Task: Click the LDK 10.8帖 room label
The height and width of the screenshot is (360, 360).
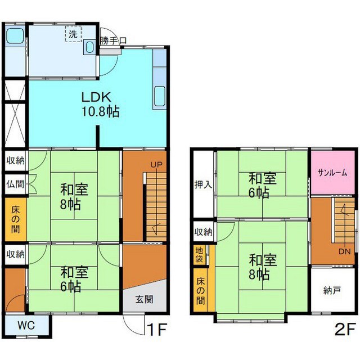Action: click(x=101, y=105)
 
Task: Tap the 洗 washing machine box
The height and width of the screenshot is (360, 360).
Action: click(x=73, y=34)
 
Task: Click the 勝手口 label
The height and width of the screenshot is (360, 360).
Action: click(x=113, y=41)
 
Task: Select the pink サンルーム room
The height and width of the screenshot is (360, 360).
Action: click(x=332, y=173)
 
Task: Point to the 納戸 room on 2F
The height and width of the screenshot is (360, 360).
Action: click(x=332, y=290)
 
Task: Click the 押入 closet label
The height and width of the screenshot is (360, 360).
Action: click(x=203, y=184)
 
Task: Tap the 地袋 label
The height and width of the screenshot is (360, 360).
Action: click(x=199, y=254)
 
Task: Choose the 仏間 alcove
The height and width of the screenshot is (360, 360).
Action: click(x=15, y=184)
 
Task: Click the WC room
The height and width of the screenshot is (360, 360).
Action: click(x=26, y=325)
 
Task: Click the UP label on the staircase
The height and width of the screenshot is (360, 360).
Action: click(x=156, y=164)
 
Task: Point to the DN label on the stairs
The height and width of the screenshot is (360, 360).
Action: click(x=345, y=251)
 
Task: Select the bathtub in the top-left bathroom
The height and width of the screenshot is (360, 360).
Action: click(x=15, y=35)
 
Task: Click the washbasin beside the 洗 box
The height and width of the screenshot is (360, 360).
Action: click(x=89, y=47)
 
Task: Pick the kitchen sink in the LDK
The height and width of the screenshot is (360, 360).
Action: click(x=160, y=96)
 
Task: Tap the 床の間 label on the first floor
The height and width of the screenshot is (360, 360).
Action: click(x=15, y=220)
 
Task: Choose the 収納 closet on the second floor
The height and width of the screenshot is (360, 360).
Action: click(x=204, y=232)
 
